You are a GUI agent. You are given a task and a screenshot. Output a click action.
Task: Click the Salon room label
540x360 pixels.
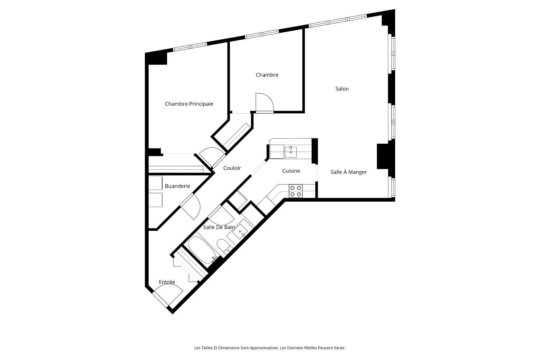342,89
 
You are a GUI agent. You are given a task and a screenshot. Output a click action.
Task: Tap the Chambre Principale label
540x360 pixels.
189,104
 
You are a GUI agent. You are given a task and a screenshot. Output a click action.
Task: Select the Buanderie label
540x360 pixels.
177,186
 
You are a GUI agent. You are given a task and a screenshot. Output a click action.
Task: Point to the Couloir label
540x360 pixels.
232,168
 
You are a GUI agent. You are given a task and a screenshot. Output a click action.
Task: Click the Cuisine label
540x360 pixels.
291,171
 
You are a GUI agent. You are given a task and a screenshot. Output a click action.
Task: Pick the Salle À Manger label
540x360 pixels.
349,172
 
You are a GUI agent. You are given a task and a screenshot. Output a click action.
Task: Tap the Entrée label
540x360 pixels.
167,282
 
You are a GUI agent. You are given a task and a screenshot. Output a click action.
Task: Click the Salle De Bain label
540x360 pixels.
219,227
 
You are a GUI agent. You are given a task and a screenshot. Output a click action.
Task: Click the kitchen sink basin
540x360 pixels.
291,152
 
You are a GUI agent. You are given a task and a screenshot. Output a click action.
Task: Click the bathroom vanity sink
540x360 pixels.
240,231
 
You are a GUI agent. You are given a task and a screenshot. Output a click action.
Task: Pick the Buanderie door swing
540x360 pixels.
191,207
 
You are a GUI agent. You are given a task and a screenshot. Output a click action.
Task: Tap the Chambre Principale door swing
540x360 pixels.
211,156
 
